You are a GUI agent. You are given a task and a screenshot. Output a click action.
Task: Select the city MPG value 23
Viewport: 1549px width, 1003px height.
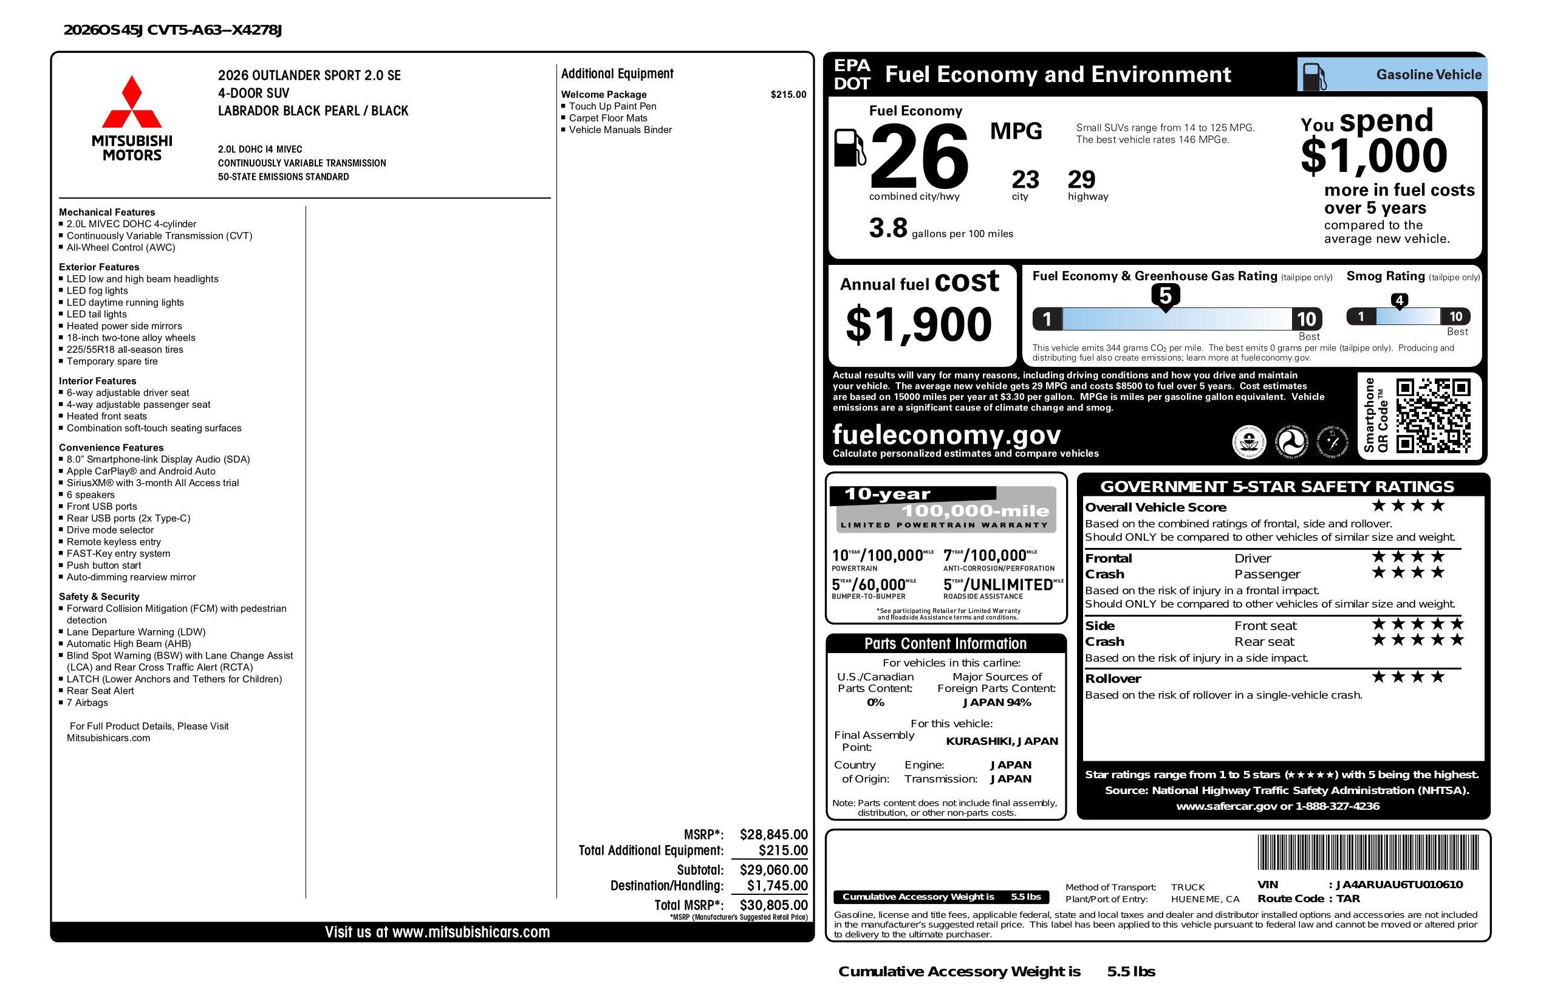pyautogui.click(x=1025, y=180)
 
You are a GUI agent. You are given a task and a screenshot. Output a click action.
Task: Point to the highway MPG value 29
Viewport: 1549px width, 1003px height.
pyautogui.click(x=1081, y=180)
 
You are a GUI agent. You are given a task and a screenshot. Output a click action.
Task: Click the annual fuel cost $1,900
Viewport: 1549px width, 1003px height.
pyautogui.click(x=918, y=324)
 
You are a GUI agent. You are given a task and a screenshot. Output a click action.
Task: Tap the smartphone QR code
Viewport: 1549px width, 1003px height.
pyautogui.click(x=1432, y=416)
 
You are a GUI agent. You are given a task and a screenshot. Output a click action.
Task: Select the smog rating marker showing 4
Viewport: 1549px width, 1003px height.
pyautogui.click(x=1398, y=301)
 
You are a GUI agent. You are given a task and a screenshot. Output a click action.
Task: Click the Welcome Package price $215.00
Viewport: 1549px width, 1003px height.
pyautogui.click(x=787, y=94)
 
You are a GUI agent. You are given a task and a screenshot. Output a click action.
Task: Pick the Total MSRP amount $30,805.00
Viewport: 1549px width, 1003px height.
pyautogui.click(x=773, y=905)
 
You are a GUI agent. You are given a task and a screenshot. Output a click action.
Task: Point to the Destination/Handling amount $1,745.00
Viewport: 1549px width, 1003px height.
pyautogui.click(x=776, y=885)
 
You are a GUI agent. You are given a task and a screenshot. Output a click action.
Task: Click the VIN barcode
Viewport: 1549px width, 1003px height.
pyautogui.click(x=1367, y=853)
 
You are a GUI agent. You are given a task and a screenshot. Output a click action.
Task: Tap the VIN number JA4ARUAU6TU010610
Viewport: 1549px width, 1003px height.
pyautogui.click(x=1398, y=885)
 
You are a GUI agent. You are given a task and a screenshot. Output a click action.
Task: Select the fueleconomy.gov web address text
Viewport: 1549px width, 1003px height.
pyautogui.click(x=946, y=434)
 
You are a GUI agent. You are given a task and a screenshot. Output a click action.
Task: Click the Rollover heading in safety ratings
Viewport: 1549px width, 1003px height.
pyautogui.click(x=1112, y=678)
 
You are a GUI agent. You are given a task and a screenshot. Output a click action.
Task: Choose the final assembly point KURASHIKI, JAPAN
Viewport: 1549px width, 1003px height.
pyautogui.click(x=1002, y=741)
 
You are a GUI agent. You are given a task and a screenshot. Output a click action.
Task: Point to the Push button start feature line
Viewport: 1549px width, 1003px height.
pyautogui.click(x=103, y=565)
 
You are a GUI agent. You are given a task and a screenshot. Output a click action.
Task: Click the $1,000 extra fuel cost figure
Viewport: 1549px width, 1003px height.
pyautogui.click(x=1373, y=156)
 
